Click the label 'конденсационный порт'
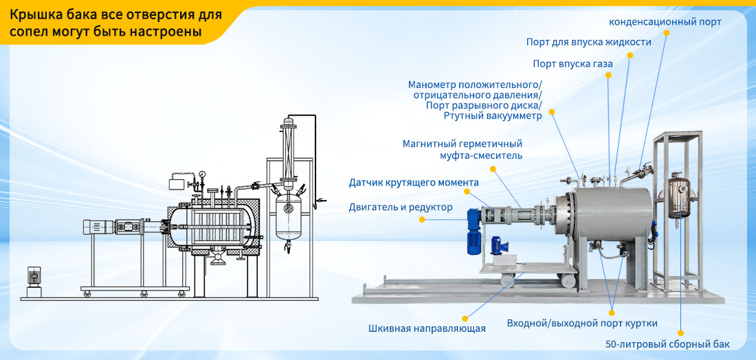pos(665,22)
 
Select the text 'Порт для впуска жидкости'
pos(589,42)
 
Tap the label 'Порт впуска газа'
pos(572,64)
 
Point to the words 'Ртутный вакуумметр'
pos(492,115)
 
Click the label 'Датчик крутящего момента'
pos(414,183)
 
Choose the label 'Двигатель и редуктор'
pos(401,207)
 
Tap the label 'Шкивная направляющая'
pos(427,328)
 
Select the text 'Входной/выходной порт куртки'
pos(582,323)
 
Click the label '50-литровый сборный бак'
pos(667,344)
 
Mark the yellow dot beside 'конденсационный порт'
pos(667,33)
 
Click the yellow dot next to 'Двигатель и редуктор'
pos(422,219)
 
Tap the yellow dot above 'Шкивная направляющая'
pos(465,319)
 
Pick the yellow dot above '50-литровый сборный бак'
pos(680,333)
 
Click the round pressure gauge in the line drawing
pos(201,174)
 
